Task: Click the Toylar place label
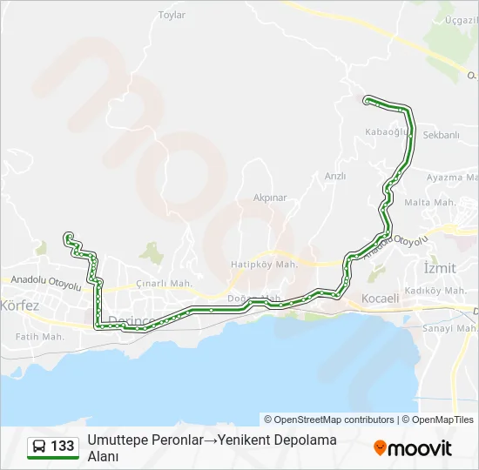coord(172,15)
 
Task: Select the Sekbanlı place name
coord(441,135)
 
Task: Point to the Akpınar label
coord(270,198)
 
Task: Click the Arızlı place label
coord(335,176)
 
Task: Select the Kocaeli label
coord(380,298)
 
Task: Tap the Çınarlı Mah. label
coord(165,284)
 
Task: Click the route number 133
coord(63,446)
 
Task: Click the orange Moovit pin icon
coord(380,448)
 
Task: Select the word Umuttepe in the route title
coord(116,440)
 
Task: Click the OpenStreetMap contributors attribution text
coord(329,420)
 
